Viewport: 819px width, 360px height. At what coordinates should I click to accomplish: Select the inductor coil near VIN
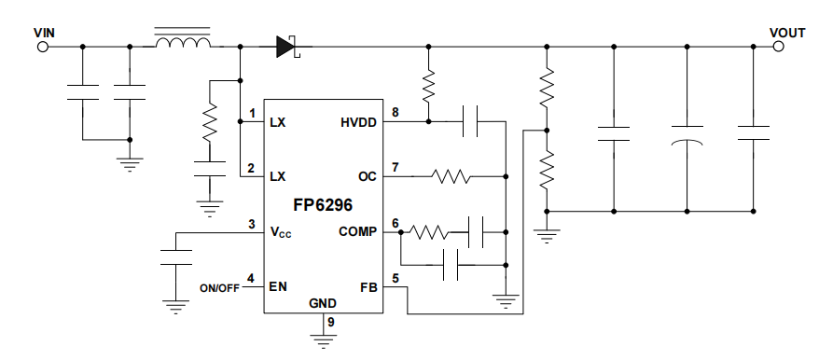182,43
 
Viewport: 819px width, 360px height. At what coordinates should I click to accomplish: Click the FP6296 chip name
323,203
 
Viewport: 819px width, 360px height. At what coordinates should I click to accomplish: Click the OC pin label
368,176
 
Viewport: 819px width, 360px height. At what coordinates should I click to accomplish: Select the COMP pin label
357,231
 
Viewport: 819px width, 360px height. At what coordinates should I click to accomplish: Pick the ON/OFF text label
219,287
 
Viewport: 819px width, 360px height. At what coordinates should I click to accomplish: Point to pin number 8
396,113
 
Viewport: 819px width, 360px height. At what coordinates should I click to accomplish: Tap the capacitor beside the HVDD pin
471,121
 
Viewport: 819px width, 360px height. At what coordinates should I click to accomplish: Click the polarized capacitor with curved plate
687,134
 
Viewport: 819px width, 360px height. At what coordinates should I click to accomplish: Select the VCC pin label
280,232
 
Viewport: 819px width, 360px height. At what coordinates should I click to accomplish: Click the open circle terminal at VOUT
777,46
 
